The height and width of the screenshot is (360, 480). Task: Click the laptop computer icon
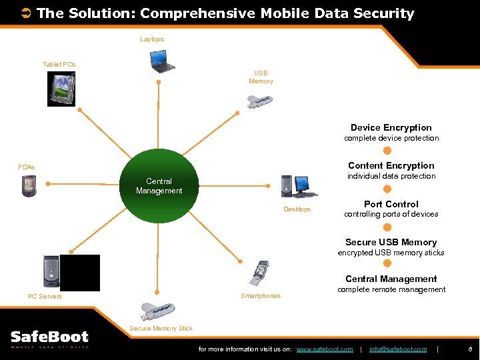[x=162, y=61]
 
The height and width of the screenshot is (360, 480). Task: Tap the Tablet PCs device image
[x=61, y=88]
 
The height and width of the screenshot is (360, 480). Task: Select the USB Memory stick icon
[x=259, y=100]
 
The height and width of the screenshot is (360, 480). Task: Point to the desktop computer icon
[x=296, y=186]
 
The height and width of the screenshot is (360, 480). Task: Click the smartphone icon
[x=259, y=273]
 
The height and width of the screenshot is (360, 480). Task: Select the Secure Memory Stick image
[x=158, y=310]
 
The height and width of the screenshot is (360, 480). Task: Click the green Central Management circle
[x=159, y=186]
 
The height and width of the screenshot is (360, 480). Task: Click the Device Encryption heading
[x=391, y=127]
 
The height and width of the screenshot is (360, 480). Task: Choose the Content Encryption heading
[x=391, y=165]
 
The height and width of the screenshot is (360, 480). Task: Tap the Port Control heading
[x=391, y=204]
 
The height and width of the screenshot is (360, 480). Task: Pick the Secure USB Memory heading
[x=391, y=242]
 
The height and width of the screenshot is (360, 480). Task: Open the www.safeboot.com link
[x=325, y=349]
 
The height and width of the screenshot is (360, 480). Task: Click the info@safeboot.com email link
[x=398, y=349]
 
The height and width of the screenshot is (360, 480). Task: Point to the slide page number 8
[x=470, y=349]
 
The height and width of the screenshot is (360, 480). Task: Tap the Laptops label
[x=152, y=39]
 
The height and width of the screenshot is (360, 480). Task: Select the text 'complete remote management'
[x=391, y=289]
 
